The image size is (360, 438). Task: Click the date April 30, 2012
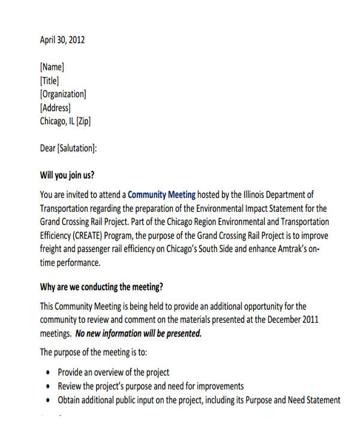point(62,40)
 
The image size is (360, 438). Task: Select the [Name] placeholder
point(52,67)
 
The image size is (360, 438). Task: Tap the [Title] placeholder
point(49,80)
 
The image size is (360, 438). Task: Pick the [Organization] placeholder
point(63,94)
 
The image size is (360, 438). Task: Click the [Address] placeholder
point(55,107)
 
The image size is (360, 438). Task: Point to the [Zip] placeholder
point(83,121)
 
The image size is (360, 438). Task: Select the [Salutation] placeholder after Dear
point(77,148)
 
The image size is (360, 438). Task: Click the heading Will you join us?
point(67,176)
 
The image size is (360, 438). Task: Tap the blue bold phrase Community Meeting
point(162,194)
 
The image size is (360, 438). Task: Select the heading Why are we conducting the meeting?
point(101,286)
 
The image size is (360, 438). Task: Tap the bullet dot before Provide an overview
point(48,373)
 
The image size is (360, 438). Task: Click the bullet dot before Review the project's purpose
point(48,386)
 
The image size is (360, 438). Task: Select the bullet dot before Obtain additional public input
point(48,400)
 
